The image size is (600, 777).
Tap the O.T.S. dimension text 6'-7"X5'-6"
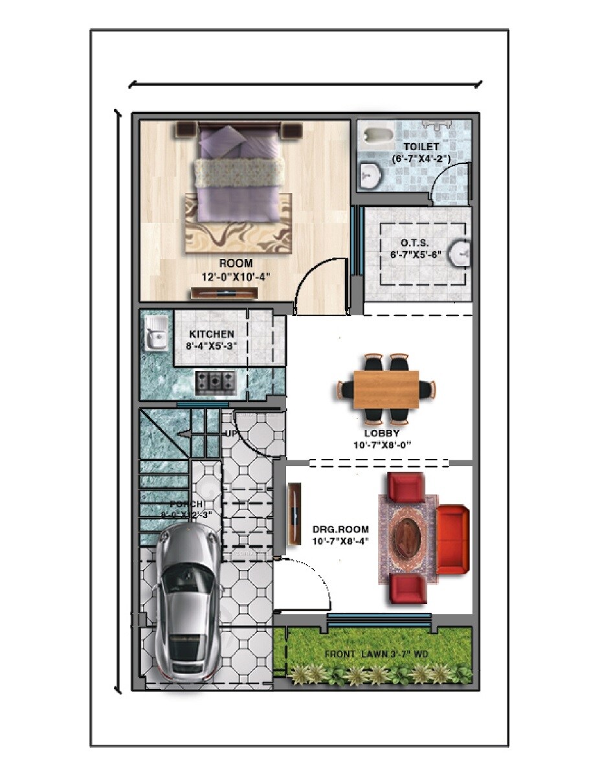pos(416,254)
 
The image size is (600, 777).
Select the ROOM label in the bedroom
pos(236,264)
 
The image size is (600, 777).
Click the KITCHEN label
pos(212,334)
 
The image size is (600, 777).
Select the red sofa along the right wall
pos(452,539)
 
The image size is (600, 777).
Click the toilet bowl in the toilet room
pos(376,135)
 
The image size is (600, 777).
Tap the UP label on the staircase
pos(230,433)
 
